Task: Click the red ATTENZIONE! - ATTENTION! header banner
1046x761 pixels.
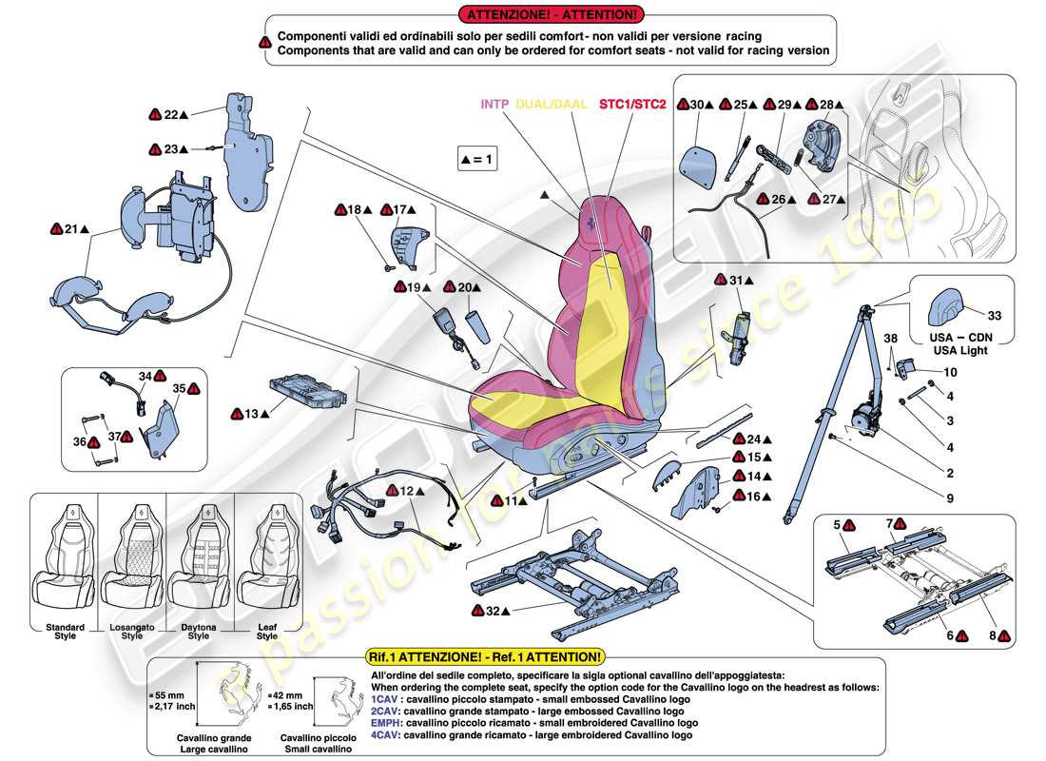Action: [x=551, y=14]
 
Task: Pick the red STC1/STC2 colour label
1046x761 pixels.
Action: [x=632, y=104]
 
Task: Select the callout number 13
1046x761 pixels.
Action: [x=251, y=414]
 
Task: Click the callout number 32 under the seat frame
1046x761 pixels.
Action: [x=494, y=610]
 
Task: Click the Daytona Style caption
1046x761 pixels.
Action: [x=198, y=632]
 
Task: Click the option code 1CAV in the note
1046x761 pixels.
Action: [x=385, y=698]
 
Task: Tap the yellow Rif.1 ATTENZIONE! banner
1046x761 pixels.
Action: [x=483, y=657]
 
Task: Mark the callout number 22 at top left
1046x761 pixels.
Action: [x=170, y=114]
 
